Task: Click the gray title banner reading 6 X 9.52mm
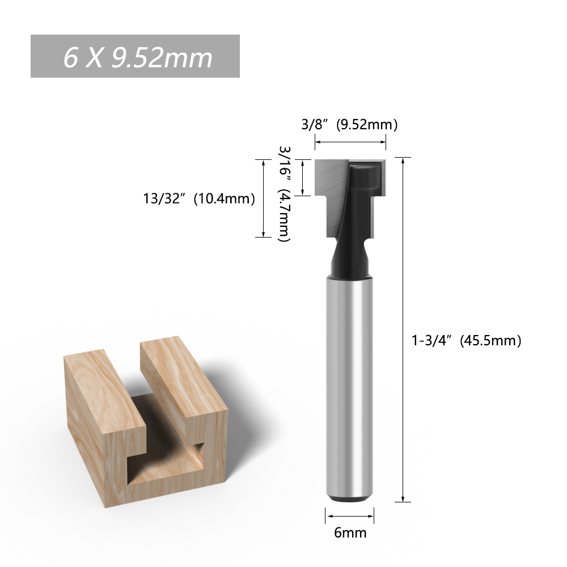[x=135, y=56]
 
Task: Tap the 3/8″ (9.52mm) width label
[x=349, y=124]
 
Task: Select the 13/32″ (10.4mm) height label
[x=199, y=198]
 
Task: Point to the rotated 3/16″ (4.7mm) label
[x=285, y=194]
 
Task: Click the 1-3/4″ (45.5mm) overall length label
[x=467, y=340]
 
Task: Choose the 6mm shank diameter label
[x=350, y=532]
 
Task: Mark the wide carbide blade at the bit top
[x=350, y=177]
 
